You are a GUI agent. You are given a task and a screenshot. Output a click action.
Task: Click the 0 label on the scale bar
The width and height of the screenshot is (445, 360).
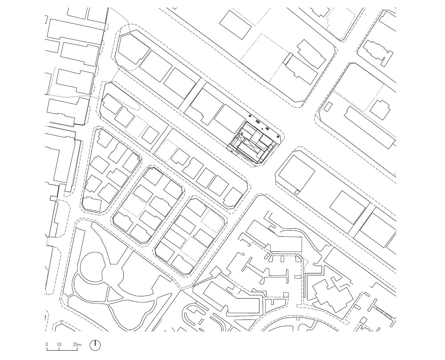click(x=47, y=345)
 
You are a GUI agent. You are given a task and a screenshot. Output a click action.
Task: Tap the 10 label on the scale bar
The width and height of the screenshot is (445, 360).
click(x=59, y=345)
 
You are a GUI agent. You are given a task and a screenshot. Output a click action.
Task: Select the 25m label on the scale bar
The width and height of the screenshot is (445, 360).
click(x=77, y=345)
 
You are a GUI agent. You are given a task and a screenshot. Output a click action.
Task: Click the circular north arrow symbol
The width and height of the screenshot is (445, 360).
click(x=95, y=345)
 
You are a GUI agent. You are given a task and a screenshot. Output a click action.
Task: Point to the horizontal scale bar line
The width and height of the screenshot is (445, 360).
click(x=62, y=350)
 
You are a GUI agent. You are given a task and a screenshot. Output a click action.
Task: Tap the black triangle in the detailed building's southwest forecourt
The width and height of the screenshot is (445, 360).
click(x=232, y=152)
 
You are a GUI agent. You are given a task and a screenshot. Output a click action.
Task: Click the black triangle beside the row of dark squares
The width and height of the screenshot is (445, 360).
click(x=263, y=129)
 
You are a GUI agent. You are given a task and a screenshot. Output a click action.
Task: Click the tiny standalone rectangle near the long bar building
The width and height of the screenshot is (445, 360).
click(x=328, y=107)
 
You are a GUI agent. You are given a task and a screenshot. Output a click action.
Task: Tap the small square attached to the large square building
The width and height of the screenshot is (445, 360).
click(x=297, y=192)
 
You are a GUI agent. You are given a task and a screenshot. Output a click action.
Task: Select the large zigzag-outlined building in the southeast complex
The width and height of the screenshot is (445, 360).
click(x=332, y=295)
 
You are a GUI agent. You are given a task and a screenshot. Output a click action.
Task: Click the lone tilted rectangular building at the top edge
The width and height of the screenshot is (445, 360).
click(x=235, y=24)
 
